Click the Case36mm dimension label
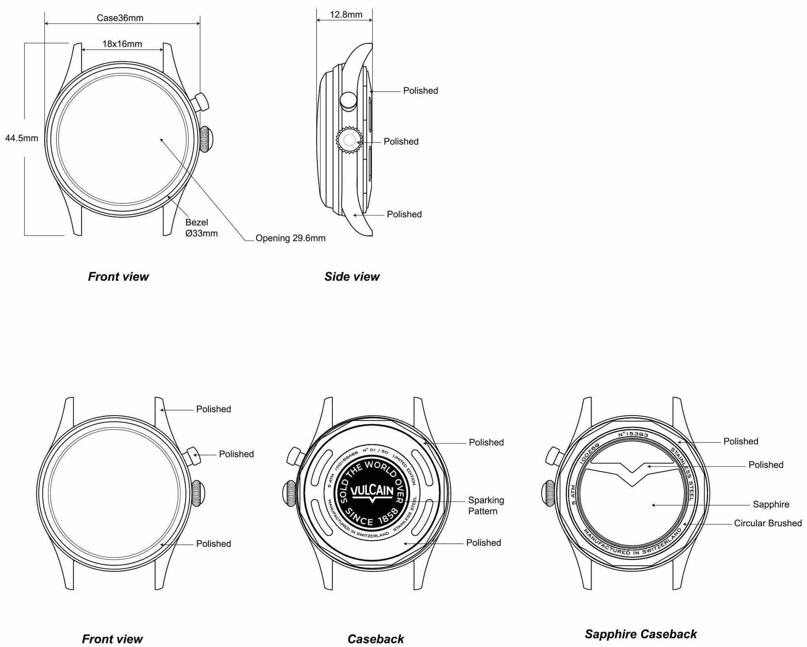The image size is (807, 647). pyautogui.click(x=120, y=18)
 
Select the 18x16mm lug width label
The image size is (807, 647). pyautogui.click(x=122, y=44)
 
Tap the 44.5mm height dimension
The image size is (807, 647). pyautogui.click(x=22, y=138)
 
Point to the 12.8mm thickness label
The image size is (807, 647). pyautogui.click(x=346, y=15)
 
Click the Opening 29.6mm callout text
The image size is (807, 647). pyautogui.click(x=290, y=238)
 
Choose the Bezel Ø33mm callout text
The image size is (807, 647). pyautogui.click(x=201, y=228)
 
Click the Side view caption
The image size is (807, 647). pyautogui.click(x=352, y=277)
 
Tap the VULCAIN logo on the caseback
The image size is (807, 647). pyautogui.click(x=372, y=491)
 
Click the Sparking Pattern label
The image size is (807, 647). pyautogui.click(x=486, y=505)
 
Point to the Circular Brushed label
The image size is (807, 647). pyautogui.click(x=768, y=523)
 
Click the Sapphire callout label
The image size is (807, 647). pyautogui.click(x=771, y=504)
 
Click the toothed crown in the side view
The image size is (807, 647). pyautogui.click(x=349, y=140)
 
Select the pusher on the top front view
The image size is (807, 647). pyautogui.click(x=201, y=103)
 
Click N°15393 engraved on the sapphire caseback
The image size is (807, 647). pyautogui.click(x=633, y=434)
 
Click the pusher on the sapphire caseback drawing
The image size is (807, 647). pyautogui.click(x=554, y=457)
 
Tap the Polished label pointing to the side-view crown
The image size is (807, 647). pyautogui.click(x=401, y=142)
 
